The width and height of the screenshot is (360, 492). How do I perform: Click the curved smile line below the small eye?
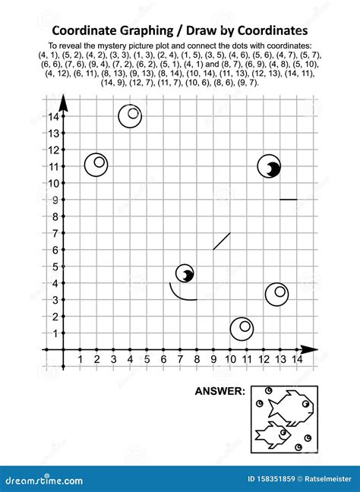click(x=180, y=294)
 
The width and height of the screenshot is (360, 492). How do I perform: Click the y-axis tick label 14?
click(x=53, y=116)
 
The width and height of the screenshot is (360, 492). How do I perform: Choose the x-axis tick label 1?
click(x=80, y=359)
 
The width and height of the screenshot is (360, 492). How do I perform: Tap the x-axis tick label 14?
click(x=297, y=359)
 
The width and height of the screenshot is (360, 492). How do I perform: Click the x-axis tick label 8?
click(x=197, y=359)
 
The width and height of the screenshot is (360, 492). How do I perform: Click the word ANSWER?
click(x=220, y=392)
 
